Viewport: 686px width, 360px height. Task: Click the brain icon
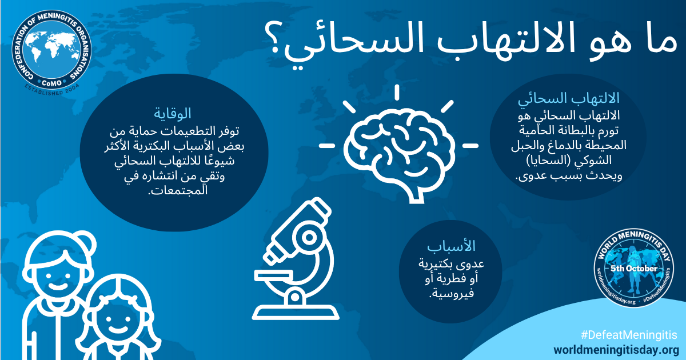tap(398, 153)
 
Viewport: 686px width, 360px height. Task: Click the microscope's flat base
tap(296, 312)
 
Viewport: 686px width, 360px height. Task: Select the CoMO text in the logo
tap(51, 83)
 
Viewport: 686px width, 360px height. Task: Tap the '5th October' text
tap(634, 269)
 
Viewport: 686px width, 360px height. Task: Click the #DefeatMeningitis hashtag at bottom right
tap(629, 335)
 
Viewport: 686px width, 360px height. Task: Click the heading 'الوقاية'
tap(173, 114)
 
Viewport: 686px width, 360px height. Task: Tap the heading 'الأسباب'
tap(451, 246)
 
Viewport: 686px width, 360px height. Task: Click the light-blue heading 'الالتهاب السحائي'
tap(568, 98)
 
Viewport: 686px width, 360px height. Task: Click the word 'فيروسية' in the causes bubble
tap(452, 293)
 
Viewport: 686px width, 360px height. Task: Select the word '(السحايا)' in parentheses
tap(569, 161)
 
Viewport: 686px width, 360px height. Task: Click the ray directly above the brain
tap(397, 93)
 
